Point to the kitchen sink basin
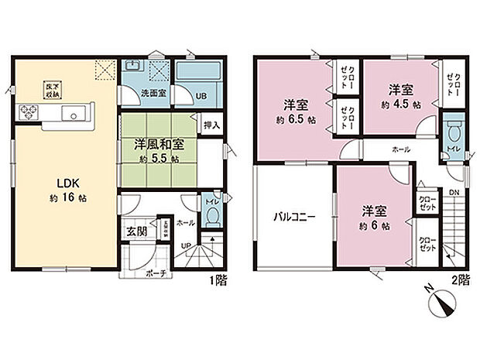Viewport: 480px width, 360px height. tap(75, 116)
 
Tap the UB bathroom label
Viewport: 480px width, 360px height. tap(200, 97)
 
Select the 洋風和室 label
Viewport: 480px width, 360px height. tap(157, 144)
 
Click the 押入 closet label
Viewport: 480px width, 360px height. tap(211, 125)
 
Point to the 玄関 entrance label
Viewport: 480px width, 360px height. tap(135, 230)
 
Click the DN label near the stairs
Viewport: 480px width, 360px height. tap(454, 191)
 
